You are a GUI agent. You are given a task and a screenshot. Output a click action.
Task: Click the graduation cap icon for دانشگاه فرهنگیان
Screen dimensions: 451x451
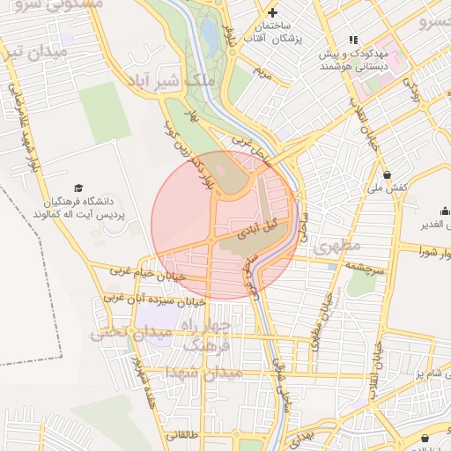[x=79, y=188]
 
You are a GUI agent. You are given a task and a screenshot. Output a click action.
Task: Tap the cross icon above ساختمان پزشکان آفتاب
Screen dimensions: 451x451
[x=273, y=12]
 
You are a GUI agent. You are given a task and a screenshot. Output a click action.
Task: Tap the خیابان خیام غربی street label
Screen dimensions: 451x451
[x=147, y=275]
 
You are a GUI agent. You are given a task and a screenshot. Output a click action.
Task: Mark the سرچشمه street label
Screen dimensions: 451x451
[x=364, y=264]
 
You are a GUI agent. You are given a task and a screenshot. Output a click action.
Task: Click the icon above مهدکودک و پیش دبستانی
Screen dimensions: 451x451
[x=354, y=40]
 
